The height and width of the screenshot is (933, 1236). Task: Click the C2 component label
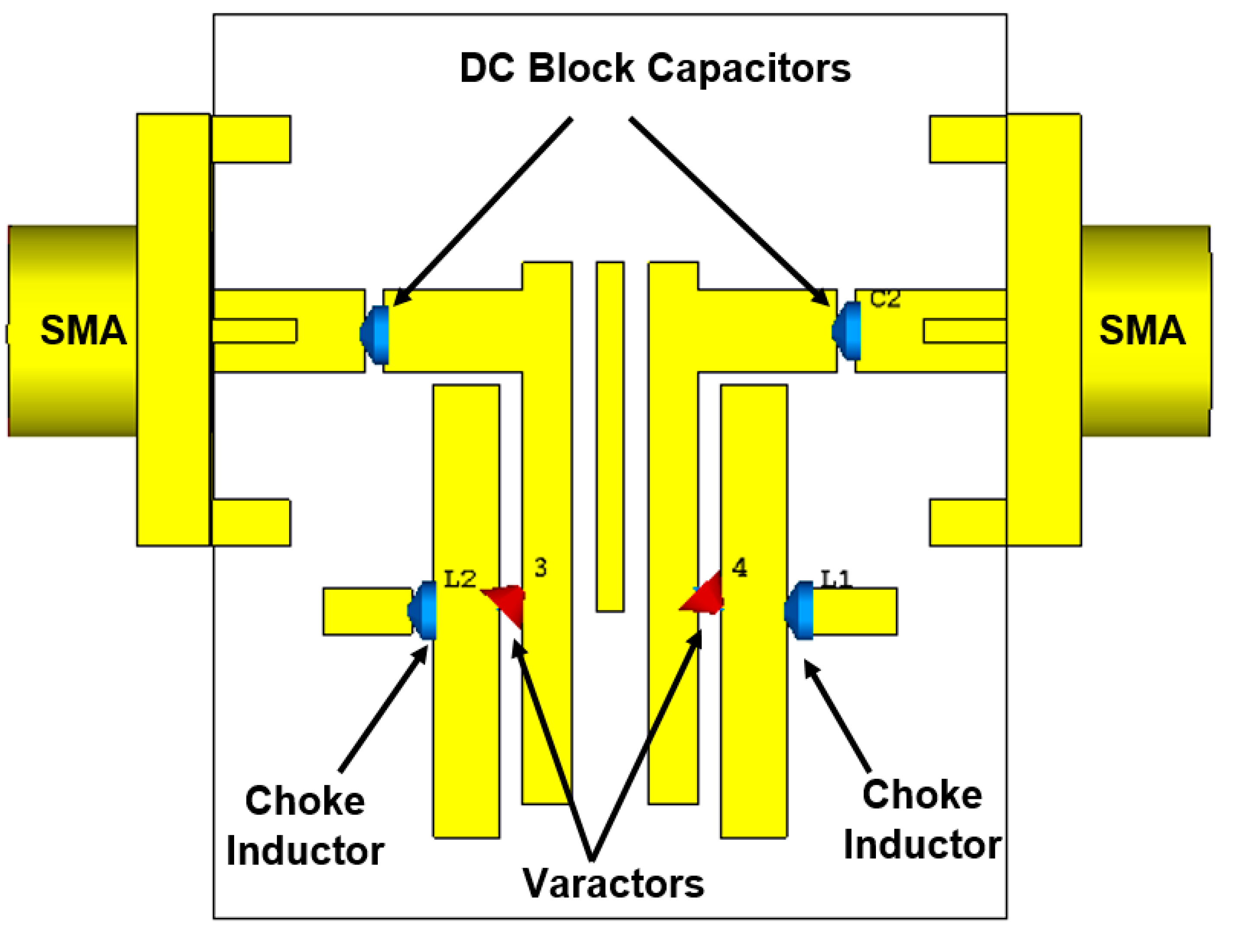(x=885, y=300)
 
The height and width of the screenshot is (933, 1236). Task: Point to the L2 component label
(x=460, y=579)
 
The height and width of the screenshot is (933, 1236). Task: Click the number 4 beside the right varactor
(x=739, y=568)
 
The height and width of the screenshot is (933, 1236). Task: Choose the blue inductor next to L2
(x=424, y=610)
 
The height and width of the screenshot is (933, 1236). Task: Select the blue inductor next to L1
(x=800, y=610)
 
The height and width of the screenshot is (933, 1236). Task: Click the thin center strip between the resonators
(x=610, y=436)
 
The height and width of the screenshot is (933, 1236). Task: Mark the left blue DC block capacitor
(x=375, y=334)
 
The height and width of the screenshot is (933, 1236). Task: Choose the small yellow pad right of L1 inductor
(x=855, y=612)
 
